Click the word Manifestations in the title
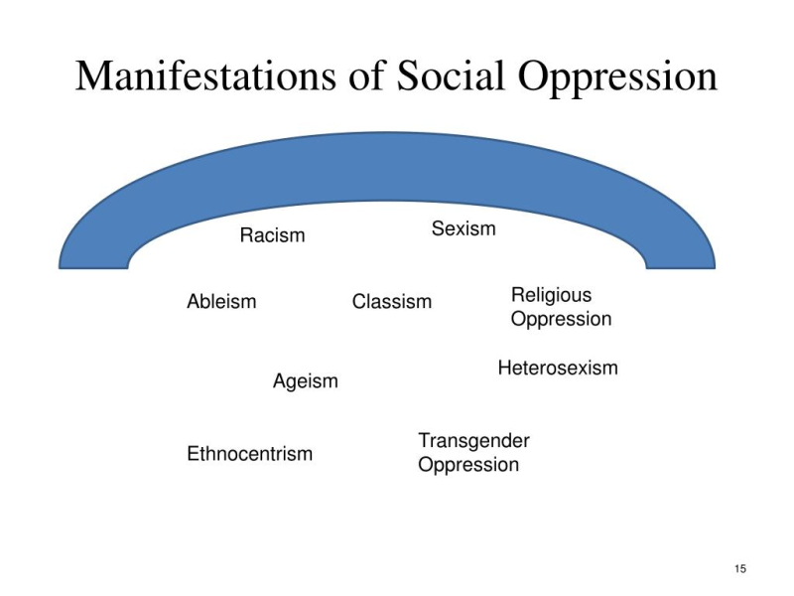pos(205,75)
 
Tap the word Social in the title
pos(451,75)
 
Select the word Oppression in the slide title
pos(617,79)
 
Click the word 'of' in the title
pos(366,75)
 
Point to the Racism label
pos(272,235)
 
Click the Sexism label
pos(463,228)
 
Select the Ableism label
pos(221,302)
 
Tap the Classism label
pos(392,302)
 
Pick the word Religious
pos(552,296)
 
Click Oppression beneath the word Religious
pos(561,320)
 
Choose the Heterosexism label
pos(558,368)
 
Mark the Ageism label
pos(306,381)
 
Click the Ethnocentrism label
pos(250,454)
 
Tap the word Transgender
pos(473,441)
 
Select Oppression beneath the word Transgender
pos(468,465)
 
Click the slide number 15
pos(740,568)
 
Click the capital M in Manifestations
pos(91,76)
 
